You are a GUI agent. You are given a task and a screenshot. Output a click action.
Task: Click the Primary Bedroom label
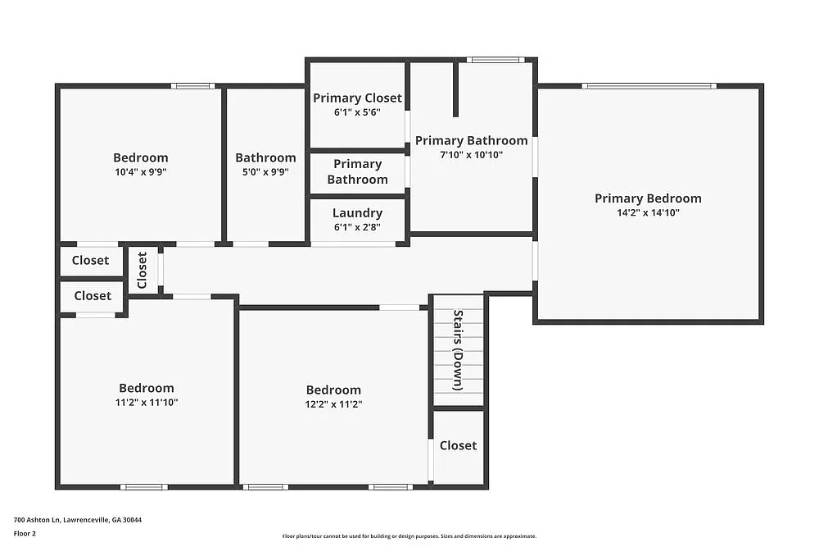tap(648, 198)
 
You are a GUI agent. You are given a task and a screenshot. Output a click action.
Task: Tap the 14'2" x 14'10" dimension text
tap(648, 212)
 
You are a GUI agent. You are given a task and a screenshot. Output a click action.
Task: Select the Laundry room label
tap(357, 213)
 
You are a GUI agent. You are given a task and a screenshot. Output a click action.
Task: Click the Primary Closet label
tap(357, 98)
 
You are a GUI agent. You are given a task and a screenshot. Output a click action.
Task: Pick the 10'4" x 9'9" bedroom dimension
tap(140, 172)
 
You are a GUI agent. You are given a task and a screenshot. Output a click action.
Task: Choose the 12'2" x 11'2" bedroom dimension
tap(333, 404)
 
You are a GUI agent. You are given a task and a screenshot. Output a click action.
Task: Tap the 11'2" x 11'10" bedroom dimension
tap(147, 403)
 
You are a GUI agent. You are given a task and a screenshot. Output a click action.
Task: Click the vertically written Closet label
tap(143, 270)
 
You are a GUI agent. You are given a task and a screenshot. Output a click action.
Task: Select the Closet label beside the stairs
tap(458, 445)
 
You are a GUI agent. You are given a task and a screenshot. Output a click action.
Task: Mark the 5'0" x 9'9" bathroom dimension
tap(265, 172)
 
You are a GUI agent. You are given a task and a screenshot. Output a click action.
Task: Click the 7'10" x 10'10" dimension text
tap(471, 155)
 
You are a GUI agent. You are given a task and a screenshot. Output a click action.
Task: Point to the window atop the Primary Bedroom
tap(649, 85)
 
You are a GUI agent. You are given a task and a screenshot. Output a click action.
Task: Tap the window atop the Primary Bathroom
tap(495, 59)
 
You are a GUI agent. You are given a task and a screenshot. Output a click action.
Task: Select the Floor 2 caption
tap(25, 533)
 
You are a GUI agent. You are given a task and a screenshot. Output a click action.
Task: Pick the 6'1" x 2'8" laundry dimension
tap(357, 227)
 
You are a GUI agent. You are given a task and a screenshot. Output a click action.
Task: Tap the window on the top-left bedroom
tap(193, 85)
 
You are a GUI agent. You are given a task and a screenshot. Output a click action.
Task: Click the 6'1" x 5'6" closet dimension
tap(357, 112)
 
